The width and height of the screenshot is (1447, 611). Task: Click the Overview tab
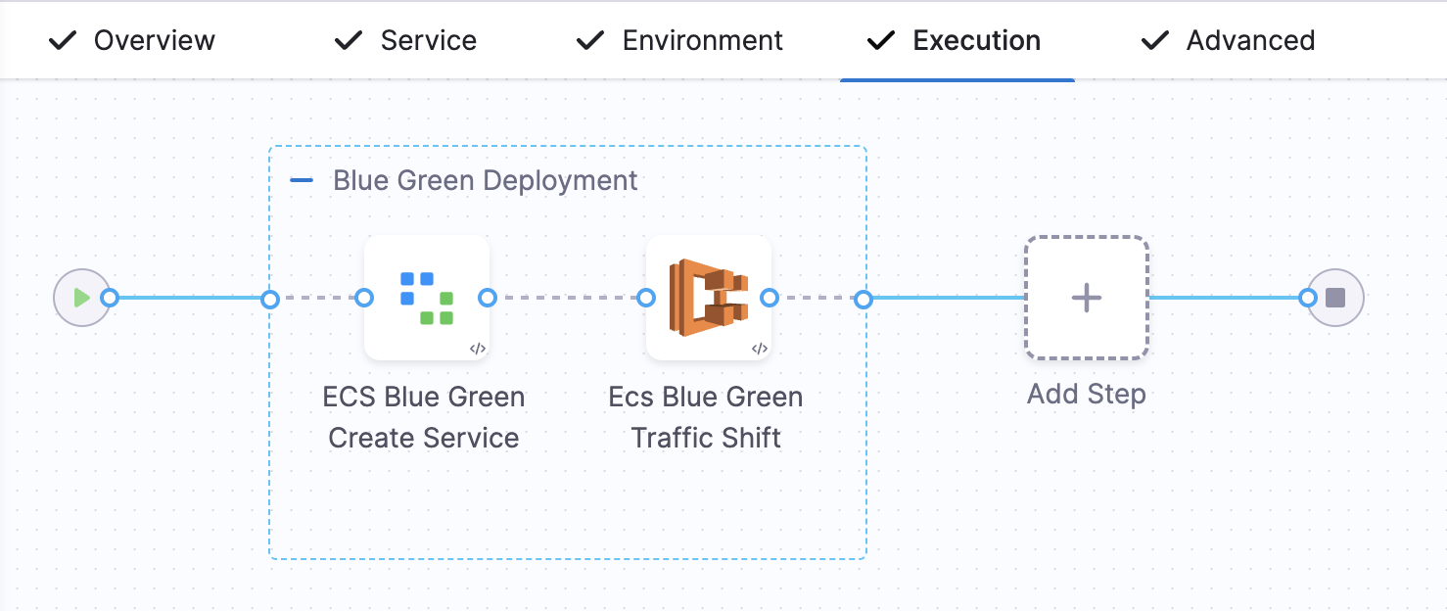point(154,41)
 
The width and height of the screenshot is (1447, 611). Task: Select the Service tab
point(428,41)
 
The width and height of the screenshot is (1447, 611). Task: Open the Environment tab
point(702,41)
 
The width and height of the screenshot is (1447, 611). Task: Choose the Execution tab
point(976,41)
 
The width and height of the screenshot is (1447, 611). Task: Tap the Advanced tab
point(1250,41)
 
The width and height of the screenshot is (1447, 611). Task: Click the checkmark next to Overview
point(63,41)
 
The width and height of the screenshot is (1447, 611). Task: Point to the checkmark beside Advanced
point(1155,41)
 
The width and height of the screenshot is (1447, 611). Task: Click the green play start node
point(80,298)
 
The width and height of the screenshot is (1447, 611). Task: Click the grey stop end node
point(1335,298)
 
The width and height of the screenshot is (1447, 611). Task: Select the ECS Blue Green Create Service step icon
point(426,297)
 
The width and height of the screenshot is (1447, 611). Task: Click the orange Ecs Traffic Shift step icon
point(708,297)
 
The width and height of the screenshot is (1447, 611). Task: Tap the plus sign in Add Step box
point(1087,298)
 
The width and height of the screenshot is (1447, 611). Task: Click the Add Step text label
point(1087,395)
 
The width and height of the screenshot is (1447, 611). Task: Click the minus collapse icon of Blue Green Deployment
point(302,181)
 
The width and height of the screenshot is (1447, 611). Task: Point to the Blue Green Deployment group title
point(486,181)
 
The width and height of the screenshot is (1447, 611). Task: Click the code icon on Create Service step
point(477,349)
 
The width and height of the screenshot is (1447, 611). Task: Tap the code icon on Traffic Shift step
point(759,349)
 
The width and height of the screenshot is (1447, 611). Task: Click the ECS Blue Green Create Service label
point(424,417)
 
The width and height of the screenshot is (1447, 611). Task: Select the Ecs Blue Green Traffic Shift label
point(706,417)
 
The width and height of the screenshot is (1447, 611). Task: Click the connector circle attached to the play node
point(111,298)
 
